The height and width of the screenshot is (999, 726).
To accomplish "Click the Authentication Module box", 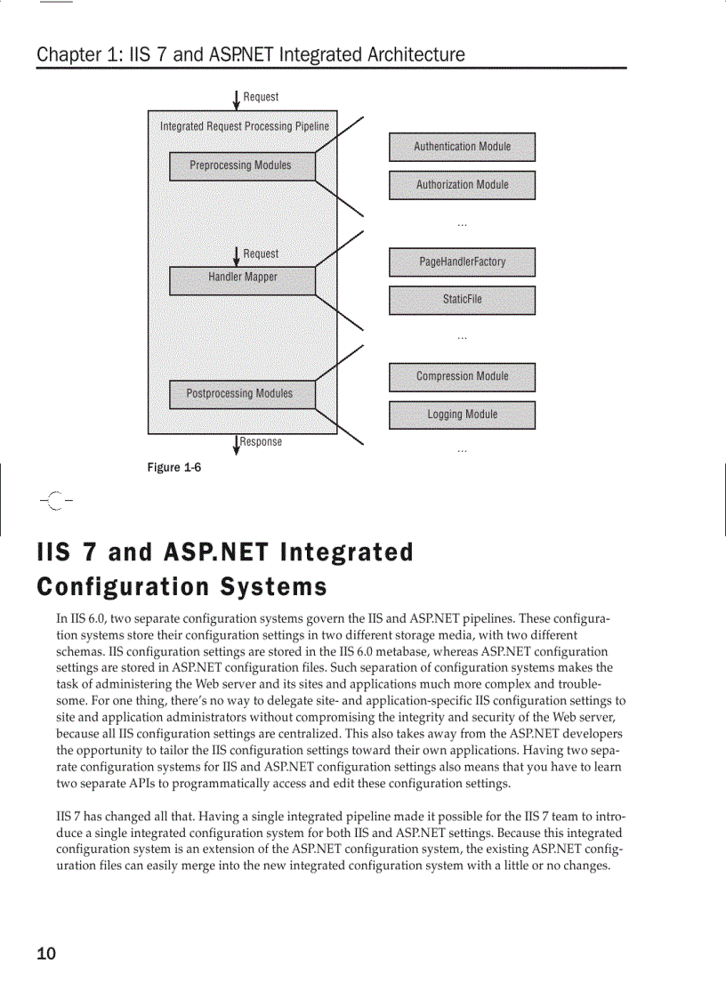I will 462,147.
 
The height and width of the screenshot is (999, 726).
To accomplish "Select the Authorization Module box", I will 462,185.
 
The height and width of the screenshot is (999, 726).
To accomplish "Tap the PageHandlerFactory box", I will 462,262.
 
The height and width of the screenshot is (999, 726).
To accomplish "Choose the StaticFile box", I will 462,300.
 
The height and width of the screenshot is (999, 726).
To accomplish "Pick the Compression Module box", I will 462,377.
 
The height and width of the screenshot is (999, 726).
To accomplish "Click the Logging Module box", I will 462,415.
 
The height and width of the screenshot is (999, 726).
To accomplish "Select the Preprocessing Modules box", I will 241,166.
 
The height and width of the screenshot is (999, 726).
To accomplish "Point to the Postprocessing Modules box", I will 241,394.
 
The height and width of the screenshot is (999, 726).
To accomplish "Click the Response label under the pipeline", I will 261,442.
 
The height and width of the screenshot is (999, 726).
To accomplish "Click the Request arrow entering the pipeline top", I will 236,97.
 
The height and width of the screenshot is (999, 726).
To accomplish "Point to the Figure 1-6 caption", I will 174,468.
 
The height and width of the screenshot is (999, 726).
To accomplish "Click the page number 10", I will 46,955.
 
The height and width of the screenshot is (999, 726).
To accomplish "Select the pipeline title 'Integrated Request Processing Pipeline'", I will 244,127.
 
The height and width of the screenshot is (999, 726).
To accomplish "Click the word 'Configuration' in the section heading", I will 119,587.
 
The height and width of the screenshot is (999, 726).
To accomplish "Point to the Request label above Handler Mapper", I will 261,254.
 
